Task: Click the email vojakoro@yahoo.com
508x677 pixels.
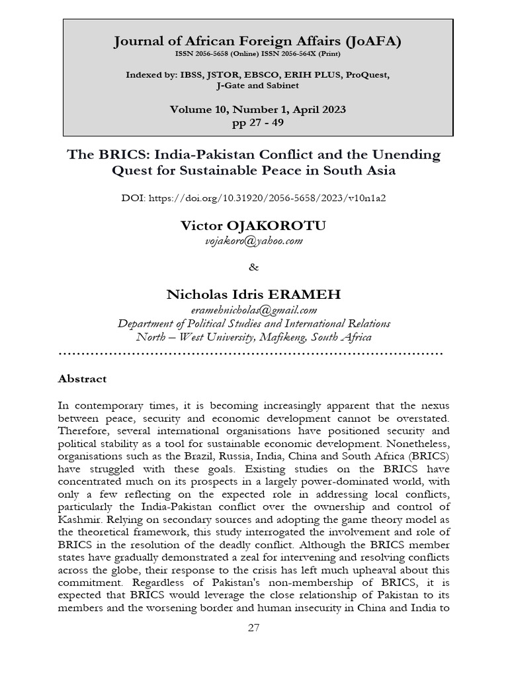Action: tap(254, 241)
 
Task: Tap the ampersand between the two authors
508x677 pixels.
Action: tap(254, 268)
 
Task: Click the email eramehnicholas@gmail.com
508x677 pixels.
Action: tap(254, 310)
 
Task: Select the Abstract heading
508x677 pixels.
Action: tap(82, 379)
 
